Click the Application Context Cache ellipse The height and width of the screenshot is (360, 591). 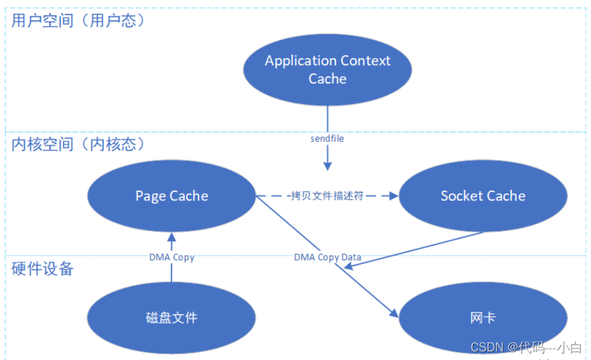[327, 70]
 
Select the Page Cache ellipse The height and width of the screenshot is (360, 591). [172, 196]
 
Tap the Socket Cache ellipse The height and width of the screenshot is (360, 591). [483, 196]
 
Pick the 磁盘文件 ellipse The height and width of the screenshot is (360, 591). [172, 318]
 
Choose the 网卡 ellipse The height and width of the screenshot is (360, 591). [483, 318]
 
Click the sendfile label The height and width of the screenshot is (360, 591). [327, 139]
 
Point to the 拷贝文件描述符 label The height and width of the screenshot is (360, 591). [327, 196]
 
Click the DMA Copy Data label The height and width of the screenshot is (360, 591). [327, 257]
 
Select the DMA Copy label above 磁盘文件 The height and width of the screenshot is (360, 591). [172, 257]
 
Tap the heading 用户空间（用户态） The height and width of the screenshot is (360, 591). [78, 20]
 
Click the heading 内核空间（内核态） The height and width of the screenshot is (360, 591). [78, 145]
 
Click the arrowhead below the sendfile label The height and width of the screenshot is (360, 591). [327, 165]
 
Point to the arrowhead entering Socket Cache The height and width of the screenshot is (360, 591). [394, 196]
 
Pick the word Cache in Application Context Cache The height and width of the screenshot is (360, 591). [327, 79]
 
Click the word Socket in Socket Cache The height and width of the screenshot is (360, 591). [461, 196]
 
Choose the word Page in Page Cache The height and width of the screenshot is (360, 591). [151, 196]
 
